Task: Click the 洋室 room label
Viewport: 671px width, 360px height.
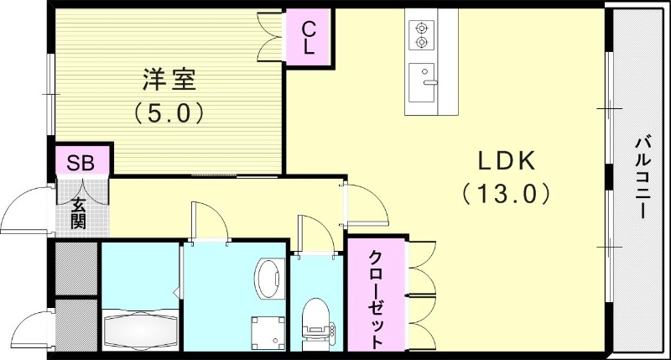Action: click(169, 81)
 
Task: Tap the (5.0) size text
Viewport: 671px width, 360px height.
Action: click(169, 111)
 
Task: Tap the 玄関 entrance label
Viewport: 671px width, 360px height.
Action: click(78, 212)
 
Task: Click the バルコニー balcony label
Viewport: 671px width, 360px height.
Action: click(640, 175)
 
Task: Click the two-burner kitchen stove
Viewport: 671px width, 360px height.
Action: click(421, 34)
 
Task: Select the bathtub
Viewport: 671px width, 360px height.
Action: click(138, 330)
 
